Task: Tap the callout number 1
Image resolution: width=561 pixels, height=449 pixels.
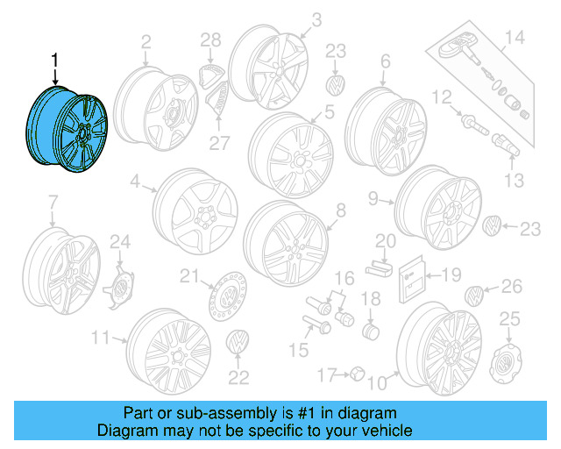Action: tap(55, 61)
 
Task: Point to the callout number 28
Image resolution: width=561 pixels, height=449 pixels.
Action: tap(211, 39)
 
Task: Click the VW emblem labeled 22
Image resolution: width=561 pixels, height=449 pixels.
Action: tap(238, 344)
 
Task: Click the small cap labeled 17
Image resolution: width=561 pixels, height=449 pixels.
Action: tap(357, 374)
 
